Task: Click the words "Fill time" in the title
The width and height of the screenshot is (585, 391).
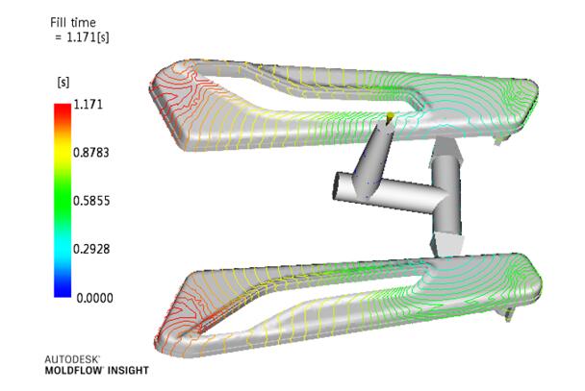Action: point(73,23)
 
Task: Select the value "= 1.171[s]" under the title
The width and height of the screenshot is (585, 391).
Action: point(82,37)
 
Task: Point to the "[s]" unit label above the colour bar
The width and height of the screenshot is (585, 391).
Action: point(64,82)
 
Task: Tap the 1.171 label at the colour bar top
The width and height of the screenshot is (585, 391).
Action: point(88,105)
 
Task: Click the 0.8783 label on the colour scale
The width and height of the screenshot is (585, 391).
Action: point(91,153)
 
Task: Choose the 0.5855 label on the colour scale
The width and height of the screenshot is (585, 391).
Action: point(91,201)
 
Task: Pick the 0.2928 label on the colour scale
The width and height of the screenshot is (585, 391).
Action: point(91,249)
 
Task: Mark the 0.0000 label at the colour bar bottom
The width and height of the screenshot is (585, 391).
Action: point(94,298)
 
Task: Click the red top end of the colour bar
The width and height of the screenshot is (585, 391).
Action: point(63,106)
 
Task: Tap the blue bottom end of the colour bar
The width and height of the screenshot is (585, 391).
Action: point(63,294)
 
